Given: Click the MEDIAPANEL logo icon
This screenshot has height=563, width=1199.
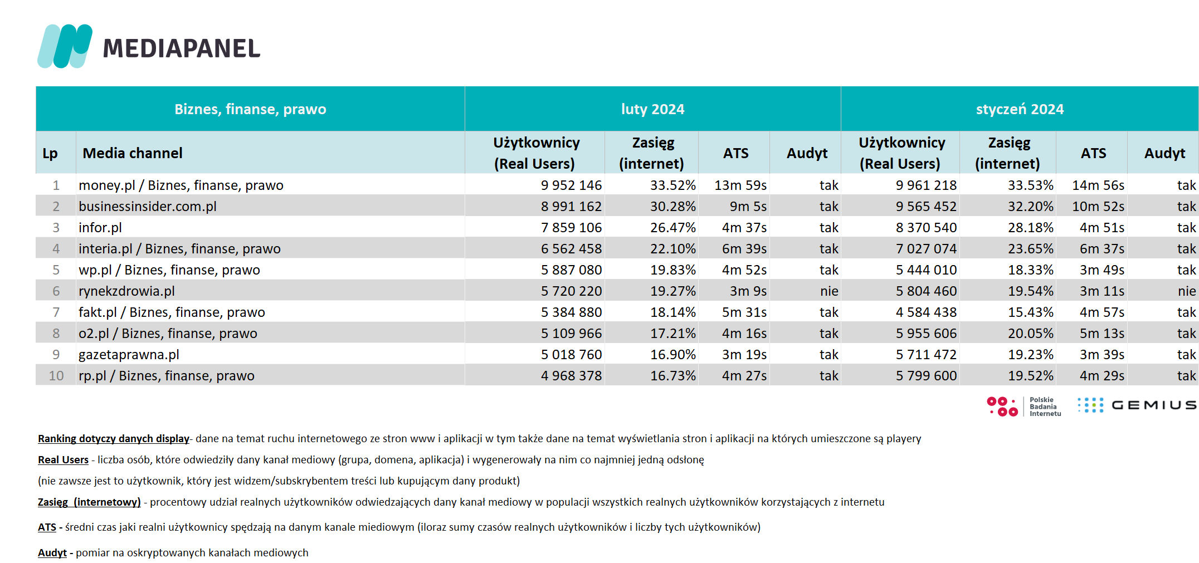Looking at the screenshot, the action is tap(65, 46).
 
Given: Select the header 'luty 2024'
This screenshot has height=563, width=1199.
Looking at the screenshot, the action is tap(652, 109).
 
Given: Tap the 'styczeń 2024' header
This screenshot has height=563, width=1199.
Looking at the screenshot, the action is tap(1020, 109).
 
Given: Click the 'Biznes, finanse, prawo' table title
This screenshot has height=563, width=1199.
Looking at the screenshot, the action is tap(250, 109).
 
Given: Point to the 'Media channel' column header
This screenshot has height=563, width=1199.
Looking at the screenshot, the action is tap(133, 153).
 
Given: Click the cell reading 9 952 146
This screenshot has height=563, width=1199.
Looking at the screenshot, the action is tap(571, 185).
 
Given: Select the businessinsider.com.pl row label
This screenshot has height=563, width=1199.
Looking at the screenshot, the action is tap(148, 207).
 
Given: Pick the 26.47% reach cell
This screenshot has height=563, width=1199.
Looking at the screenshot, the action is tap(673, 227).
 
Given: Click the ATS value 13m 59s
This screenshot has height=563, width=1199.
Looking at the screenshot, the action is tap(740, 185).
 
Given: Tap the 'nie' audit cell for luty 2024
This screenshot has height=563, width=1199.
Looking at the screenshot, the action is tap(829, 291).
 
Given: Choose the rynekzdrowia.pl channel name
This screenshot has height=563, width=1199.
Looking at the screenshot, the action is tap(126, 291).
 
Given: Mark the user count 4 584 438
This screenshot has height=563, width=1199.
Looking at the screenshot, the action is tap(926, 312).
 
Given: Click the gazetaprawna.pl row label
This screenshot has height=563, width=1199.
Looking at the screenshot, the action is tap(129, 355).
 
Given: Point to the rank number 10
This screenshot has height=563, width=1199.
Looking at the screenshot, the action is tap(56, 375).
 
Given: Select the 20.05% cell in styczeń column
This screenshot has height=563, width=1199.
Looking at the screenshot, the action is tap(1031, 333).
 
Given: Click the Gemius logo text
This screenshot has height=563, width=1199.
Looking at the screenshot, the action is tap(1154, 405).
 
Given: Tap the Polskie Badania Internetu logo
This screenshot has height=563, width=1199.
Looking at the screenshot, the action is tap(1024, 407).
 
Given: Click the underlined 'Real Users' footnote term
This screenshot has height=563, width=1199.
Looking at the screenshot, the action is tap(63, 459).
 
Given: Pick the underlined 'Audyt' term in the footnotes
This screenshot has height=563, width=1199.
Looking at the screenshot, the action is tap(52, 552).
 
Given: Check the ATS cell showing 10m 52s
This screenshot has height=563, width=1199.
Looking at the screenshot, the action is tap(1098, 206).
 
